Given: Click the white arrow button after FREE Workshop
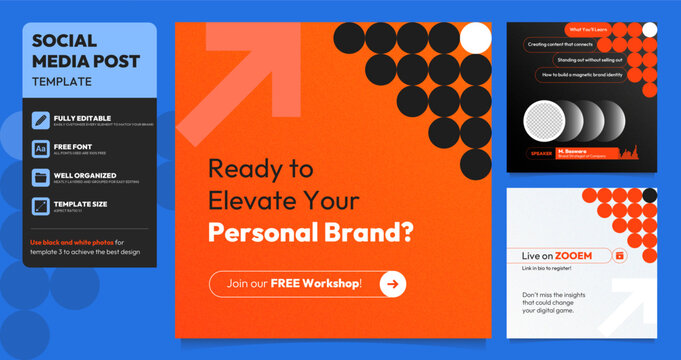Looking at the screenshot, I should click(x=392, y=284).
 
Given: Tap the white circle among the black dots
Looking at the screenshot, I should click(x=476, y=38).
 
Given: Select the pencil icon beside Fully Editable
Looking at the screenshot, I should click(x=41, y=121).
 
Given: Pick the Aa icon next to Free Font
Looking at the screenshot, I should click(x=41, y=149).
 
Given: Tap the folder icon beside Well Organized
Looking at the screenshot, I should click(x=41, y=178).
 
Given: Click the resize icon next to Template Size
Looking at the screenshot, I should click(x=41, y=206).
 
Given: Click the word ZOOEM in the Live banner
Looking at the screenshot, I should click(x=587, y=255).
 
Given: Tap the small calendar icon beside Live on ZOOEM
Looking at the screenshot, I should click(x=619, y=256).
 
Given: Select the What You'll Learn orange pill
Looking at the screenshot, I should click(x=592, y=29).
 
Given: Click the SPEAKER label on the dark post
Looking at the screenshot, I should click(x=542, y=153).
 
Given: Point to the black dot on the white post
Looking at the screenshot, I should click(x=649, y=195).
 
